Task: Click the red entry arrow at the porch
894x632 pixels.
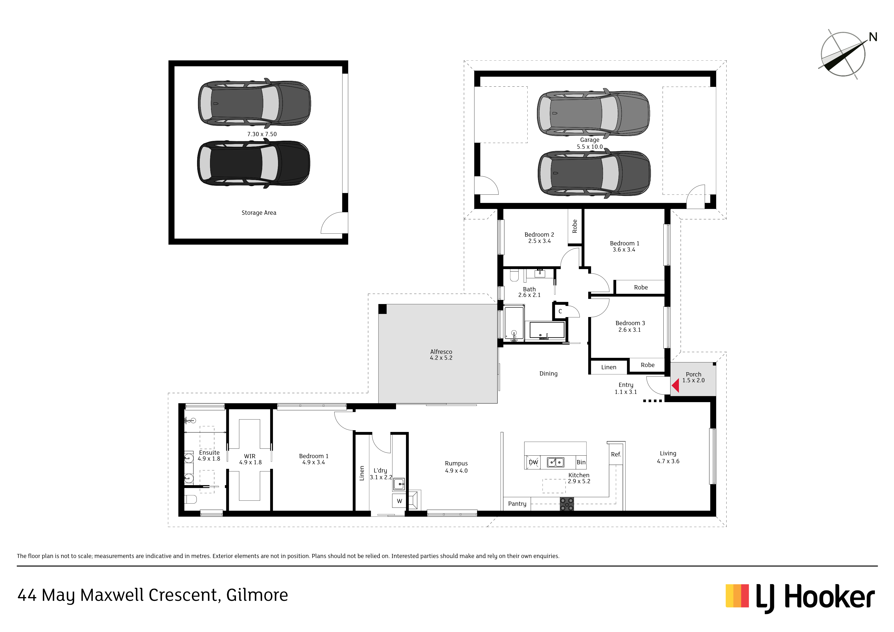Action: (676, 386)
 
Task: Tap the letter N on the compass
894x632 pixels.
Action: (873, 37)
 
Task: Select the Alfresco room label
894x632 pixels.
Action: (441, 352)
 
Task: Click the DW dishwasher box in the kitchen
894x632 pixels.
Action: (533, 462)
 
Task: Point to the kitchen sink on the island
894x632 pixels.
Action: (556, 462)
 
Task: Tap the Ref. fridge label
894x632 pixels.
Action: (616, 454)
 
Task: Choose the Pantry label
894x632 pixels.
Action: (517, 504)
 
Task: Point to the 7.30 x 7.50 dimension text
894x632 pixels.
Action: (262, 134)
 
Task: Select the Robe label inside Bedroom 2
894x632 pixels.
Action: (575, 226)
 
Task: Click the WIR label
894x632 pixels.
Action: (249, 456)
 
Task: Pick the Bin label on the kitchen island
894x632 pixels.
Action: (581, 462)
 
